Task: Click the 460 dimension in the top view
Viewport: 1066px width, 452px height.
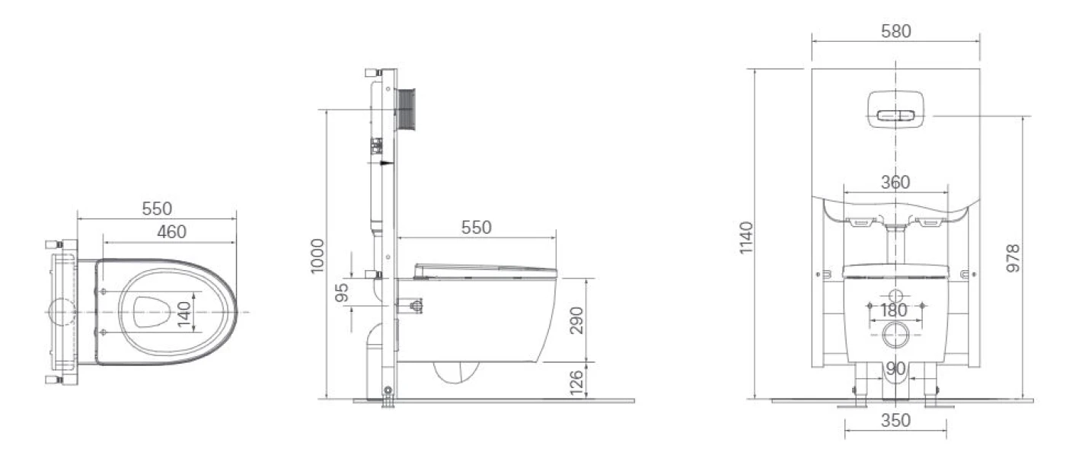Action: tap(171, 231)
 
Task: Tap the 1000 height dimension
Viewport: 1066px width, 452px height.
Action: tap(318, 256)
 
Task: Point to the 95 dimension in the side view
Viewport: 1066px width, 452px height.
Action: tap(343, 292)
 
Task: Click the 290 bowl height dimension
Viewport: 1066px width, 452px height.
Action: tap(576, 321)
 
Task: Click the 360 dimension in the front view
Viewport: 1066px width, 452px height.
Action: tap(895, 183)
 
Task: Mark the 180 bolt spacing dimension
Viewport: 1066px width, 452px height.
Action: tap(894, 310)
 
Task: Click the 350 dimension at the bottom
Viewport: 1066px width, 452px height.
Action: tap(895, 421)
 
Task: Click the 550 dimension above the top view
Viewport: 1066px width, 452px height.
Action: tap(157, 208)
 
